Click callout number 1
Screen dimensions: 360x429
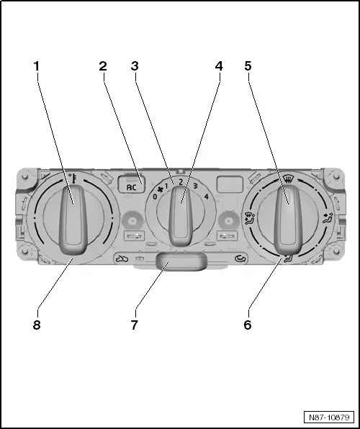point(37,66)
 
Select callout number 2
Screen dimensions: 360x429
point(103,66)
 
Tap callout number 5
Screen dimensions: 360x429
point(248,66)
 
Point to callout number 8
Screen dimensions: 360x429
point(37,325)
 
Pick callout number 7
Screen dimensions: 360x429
point(134,325)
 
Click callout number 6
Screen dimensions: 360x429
point(248,325)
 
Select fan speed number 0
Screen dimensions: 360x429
point(155,197)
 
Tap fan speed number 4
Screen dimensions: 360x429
point(207,197)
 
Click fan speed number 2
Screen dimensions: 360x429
point(181,181)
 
